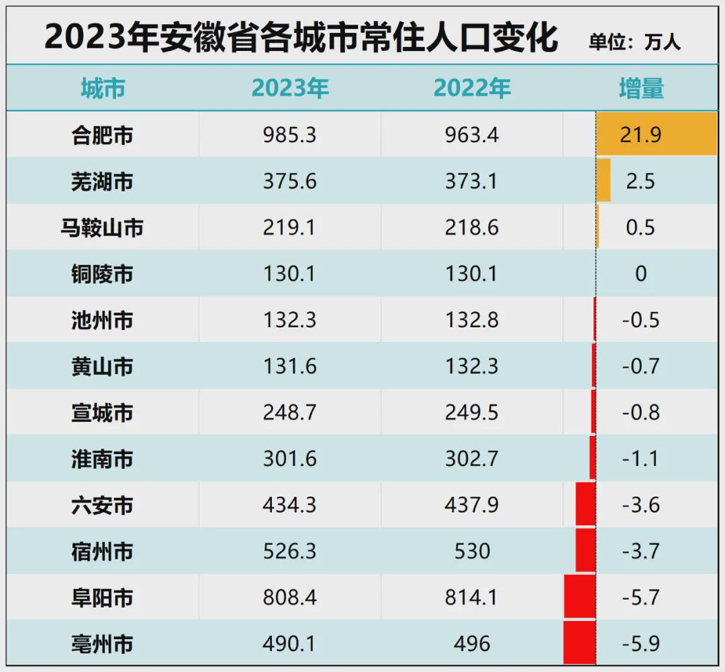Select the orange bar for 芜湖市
pos(603,180)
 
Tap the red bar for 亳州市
pos(579,642)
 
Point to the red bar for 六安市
pos(585,504)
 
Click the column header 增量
pos(641,89)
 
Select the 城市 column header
pos(103,89)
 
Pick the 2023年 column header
pos(290,89)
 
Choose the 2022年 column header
pos(472,89)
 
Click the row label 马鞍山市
pos(102,227)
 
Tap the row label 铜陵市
pos(102,274)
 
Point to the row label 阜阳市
pos(102,597)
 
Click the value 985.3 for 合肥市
pos(290,135)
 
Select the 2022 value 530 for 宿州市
pos(472,551)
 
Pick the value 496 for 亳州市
pos(472,644)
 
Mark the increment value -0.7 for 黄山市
pos(640,366)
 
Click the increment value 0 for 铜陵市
pos(640,274)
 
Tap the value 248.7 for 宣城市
pos(290,412)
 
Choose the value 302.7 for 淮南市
pos(472,459)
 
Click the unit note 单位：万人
pos(634,42)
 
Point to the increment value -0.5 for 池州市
pos(640,320)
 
